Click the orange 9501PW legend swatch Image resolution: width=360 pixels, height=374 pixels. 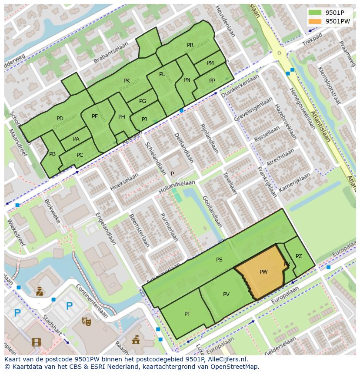pyautogui.click(x=315, y=21)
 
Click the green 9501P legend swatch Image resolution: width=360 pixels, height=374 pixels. pyautogui.click(x=315, y=12)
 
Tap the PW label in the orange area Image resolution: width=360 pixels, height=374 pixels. pyautogui.click(x=263, y=272)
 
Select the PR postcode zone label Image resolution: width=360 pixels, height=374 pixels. pyautogui.click(x=190, y=45)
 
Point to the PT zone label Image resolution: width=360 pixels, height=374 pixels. pyautogui.click(x=187, y=314)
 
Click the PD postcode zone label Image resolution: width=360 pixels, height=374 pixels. pyautogui.click(x=60, y=119)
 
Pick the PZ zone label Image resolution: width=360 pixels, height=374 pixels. pyautogui.click(x=299, y=256)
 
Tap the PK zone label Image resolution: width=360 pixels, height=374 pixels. pyautogui.click(x=127, y=81)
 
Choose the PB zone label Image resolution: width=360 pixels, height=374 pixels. pyautogui.click(x=52, y=154)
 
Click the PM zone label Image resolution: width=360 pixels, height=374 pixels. pyautogui.click(x=210, y=63)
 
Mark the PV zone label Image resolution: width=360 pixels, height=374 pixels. pyautogui.click(x=226, y=295)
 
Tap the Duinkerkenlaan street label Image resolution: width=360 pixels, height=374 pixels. pyautogui.click(x=240, y=86)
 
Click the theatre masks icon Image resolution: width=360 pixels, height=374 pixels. pyautogui.click(x=86, y=321)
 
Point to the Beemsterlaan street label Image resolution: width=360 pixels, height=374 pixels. pyautogui.click(x=140, y=231)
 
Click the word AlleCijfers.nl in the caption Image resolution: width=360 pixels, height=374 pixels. pyautogui.click(x=226, y=359)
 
